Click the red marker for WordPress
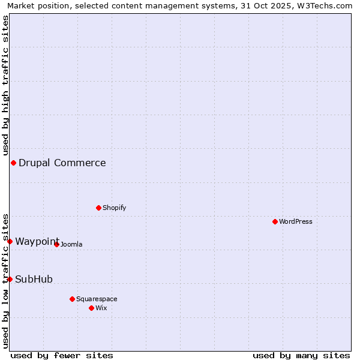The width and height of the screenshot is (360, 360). (275, 221)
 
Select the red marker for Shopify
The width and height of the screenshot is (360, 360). (98, 208)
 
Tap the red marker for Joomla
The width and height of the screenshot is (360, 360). (56, 244)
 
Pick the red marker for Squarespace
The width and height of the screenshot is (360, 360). (72, 299)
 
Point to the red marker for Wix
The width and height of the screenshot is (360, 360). (91, 308)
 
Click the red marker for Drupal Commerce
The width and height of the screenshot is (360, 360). (13, 163)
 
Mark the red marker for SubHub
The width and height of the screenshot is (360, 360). (10, 279)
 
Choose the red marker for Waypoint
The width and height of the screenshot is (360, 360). (10, 241)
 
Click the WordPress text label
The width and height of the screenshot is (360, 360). (296, 221)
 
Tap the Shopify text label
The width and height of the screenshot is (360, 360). (115, 208)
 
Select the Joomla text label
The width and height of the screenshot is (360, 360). (71, 244)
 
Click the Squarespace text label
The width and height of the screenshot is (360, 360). (97, 299)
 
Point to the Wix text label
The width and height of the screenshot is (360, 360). (101, 308)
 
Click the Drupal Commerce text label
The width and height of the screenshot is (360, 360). (62, 163)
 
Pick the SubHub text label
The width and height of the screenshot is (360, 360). (34, 279)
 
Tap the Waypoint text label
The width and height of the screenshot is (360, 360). (37, 241)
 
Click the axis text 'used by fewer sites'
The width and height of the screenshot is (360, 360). (62, 355)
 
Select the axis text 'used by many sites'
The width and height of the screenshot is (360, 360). (301, 355)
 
